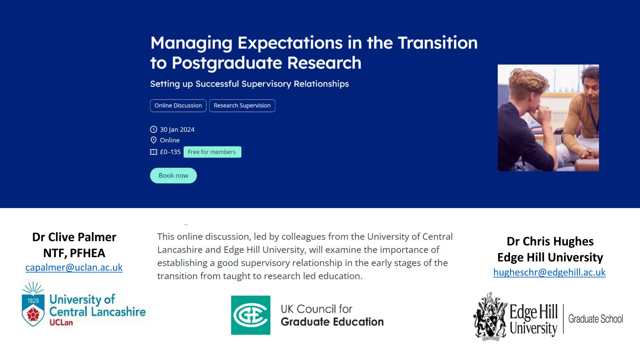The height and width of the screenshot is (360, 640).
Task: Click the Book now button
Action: click(173, 176)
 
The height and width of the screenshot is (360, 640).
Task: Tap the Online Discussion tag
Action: click(178, 106)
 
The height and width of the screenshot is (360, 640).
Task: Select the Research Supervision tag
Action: click(242, 106)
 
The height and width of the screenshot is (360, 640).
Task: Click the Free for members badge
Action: click(212, 152)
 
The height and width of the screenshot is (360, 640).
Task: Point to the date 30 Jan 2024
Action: click(177, 130)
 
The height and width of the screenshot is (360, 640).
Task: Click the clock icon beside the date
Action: click(153, 129)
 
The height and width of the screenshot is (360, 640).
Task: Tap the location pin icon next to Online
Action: click(153, 140)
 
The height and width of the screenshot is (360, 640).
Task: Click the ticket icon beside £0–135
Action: click(153, 152)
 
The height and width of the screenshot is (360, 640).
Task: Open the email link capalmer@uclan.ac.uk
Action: click(74, 267)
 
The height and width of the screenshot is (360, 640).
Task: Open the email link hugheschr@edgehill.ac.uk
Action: click(549, 272)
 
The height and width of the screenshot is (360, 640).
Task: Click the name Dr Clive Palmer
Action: click(74, 237)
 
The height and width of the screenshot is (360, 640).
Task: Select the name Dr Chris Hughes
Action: click(550, 242)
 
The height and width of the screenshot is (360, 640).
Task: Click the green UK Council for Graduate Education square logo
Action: click(251, 315)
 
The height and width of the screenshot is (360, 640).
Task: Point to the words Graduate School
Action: click(595, 319)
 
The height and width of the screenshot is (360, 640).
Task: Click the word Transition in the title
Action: click(437, 43)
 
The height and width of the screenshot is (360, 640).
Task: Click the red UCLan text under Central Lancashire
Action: click(61, 323)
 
